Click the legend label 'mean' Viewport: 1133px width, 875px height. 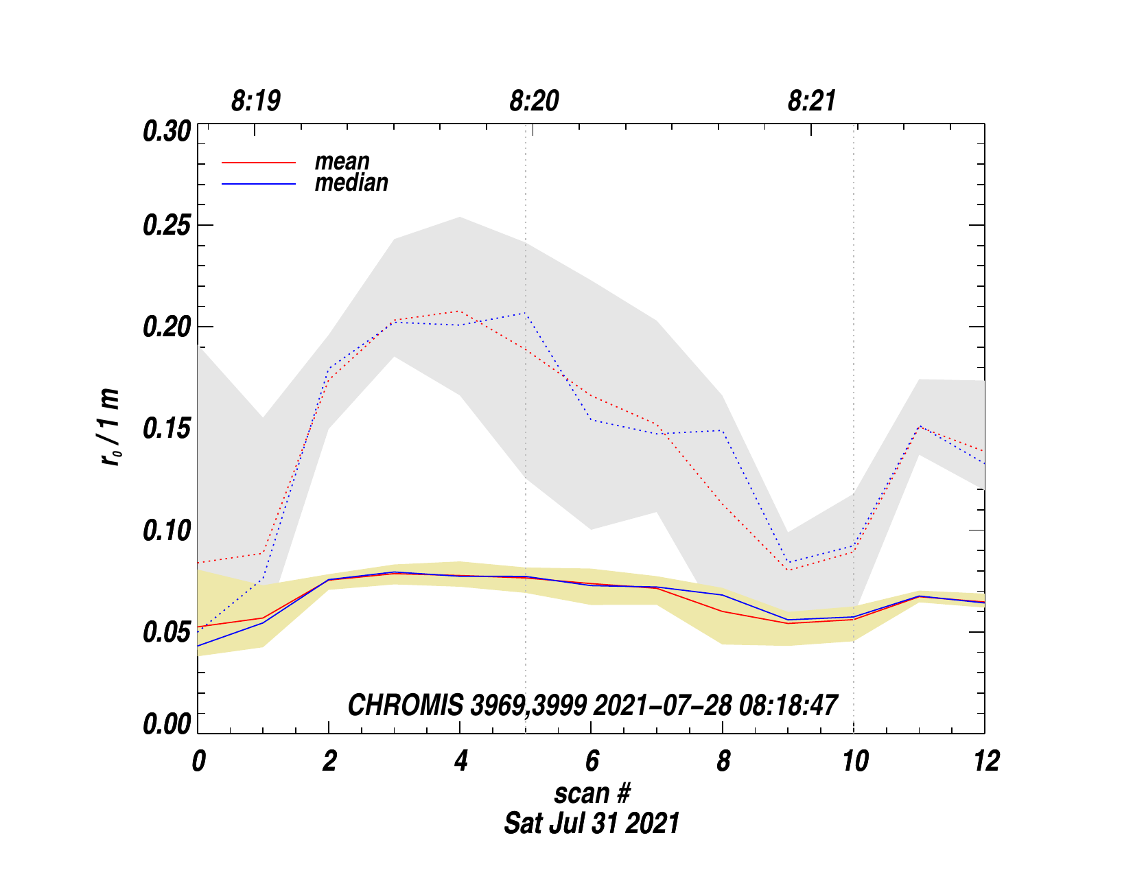click(342, 162)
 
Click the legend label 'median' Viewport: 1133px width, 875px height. click(351, 183)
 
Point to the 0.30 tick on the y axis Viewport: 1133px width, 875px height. click(166, 131)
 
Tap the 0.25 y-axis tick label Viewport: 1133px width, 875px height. click(166, 226)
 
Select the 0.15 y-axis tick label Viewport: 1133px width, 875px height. click(166, 429)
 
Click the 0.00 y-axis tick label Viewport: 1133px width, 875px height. click(166, 725)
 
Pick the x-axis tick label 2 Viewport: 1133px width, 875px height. click(329, 761)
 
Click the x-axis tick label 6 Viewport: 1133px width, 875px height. click(592, 761)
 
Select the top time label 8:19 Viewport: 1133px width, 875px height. click(256, 102)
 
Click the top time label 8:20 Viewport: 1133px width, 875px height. click(534, 102)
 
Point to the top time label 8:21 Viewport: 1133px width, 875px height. click(812, 102)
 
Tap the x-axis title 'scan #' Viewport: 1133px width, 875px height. click(592, 793)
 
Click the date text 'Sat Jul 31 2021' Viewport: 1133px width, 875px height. click(592, 823)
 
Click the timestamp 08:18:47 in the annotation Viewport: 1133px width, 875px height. click(788, 705)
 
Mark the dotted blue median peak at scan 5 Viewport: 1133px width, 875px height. click(526, 313)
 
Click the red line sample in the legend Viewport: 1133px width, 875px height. click(259, 163)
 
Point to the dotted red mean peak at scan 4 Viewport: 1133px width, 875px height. click(460, 311)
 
